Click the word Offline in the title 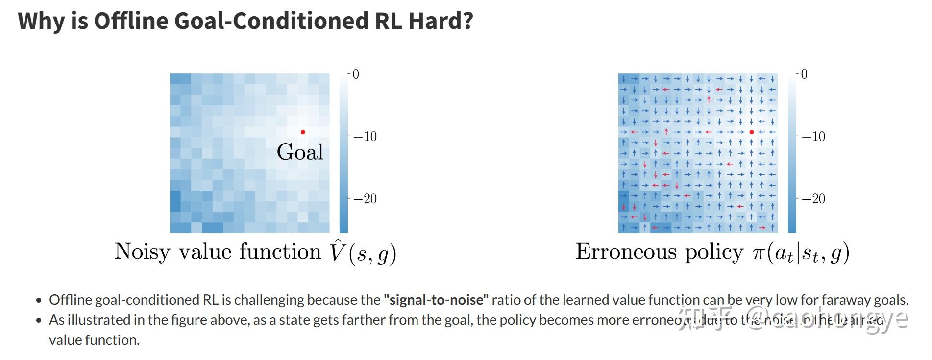point(130,21)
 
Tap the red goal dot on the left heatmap point(303,132)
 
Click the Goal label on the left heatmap point(300,152)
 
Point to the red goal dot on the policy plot point(751,132)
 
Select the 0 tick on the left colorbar point(356,74)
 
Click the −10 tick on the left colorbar point(365,137)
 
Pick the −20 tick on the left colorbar point(365,199)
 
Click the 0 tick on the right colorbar point(804,74)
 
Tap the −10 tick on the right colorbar point(813,137)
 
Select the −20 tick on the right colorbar point(813,199)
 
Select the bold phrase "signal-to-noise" point(436,300)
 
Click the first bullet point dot point(39,301)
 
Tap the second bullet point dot point(39,321)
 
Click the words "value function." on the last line point(94,340)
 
